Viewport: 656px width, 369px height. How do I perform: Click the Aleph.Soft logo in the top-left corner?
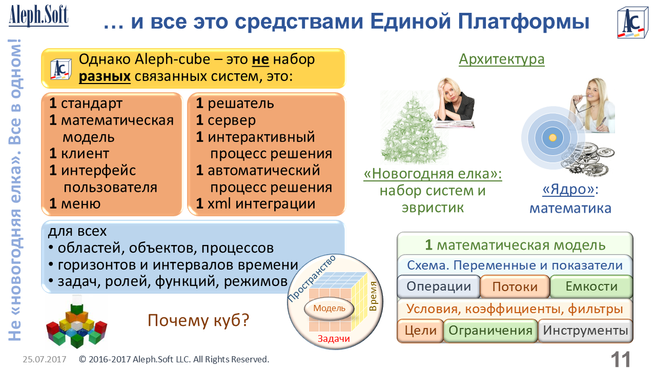pos(38,15)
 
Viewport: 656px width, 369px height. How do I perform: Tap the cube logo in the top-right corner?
pos(632,23)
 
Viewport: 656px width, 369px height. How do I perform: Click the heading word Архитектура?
pos(501,59)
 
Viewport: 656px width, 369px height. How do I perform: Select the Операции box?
pos(438,286)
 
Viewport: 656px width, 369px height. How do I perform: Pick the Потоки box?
pos(515,286)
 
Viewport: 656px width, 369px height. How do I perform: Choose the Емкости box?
pos(591,286)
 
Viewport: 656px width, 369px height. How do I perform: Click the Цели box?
pos(420,331)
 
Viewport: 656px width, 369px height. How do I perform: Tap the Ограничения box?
pos(490,331)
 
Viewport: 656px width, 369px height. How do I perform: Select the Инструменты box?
pos(585,331)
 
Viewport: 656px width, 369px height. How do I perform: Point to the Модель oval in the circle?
pos(329,309)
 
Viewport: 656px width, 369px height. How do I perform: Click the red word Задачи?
pos(334,339)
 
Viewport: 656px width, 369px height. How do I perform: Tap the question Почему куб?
pos(198,320)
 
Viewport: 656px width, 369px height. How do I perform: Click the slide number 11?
pos(620,359)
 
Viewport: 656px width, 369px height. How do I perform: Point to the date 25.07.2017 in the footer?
pos(45,359)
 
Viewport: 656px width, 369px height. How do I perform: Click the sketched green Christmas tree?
pos(413,128)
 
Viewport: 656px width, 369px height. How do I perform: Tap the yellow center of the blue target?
pos(552,137)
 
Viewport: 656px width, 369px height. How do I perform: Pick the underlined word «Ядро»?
pos(568,190)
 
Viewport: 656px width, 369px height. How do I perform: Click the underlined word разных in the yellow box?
pos(105,76)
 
